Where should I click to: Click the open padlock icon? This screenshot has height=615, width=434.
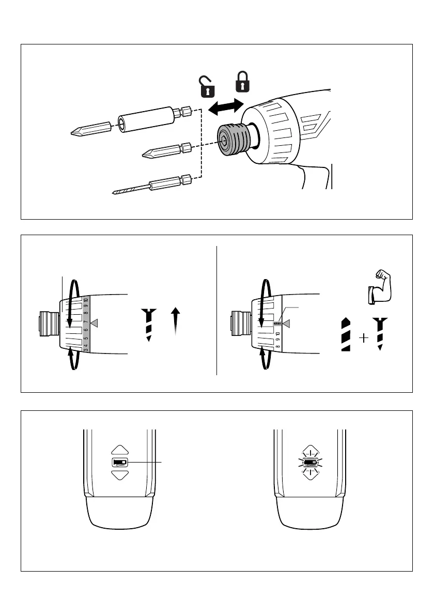pos(207,86)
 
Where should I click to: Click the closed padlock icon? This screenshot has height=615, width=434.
pos(242,83)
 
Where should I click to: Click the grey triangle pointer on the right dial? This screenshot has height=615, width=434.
pos(287,324)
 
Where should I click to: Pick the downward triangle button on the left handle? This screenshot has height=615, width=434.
pos(119,474)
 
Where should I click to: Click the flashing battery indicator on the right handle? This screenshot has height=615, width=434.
pos(310,462)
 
